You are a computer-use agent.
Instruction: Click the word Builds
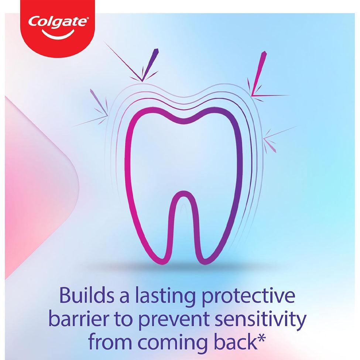click(87, 295)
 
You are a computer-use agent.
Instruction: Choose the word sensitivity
click(260, 320)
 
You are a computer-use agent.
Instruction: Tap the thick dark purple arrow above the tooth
click(150, 65)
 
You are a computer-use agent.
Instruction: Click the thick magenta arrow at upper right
click(259, 73)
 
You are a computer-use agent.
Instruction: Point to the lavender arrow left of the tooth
click(99, 102)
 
